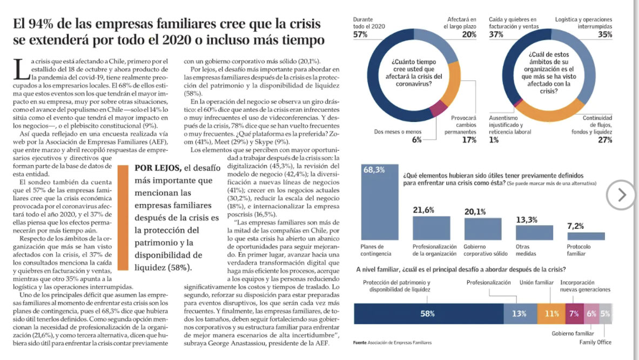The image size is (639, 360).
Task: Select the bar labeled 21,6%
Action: [x=432, y=228]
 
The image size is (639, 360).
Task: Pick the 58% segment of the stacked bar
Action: [x=428, y=314]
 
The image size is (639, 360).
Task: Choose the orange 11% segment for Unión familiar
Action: [x=551, y=314]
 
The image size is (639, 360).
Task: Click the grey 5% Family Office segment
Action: [x=606, y=314]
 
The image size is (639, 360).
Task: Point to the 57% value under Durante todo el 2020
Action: [x=360, y=35]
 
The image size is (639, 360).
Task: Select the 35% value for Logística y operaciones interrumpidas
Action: [x=605, y=35]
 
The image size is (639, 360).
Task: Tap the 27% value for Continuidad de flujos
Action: [x=605, y=140]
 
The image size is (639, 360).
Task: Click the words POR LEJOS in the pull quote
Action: [x=158, y=168]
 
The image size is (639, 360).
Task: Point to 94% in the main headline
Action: [x=46, y=24]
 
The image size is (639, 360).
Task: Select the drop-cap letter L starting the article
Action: [x=21, y=70]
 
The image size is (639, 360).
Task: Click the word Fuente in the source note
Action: [x=360, y=342]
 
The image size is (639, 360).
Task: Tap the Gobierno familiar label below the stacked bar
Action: [x=573, y=334]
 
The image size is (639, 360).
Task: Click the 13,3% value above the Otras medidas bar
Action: [x=527, y=220]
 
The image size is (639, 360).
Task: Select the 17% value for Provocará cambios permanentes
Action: [x=469, y=140]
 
